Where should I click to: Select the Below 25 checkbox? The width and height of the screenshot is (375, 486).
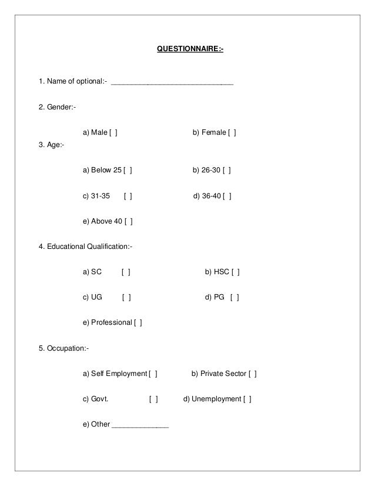coord(128,171)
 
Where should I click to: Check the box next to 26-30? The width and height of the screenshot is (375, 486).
coord(227,171)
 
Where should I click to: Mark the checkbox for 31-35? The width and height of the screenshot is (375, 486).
coord(128,197)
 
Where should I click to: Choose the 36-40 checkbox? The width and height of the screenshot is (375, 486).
coord(227,197)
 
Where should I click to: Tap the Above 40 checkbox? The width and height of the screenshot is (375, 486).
coord(128,222)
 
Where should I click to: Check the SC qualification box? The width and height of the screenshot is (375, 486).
coord(126,272)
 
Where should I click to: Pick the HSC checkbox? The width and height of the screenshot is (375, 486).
coord(235,272)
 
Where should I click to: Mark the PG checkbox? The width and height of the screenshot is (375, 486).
coord(235,298)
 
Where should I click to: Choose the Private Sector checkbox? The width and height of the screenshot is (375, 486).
coord(253,374)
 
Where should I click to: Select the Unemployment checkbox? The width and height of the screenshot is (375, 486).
coord(247,399)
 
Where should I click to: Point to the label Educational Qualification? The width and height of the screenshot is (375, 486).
coord(86,247)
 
